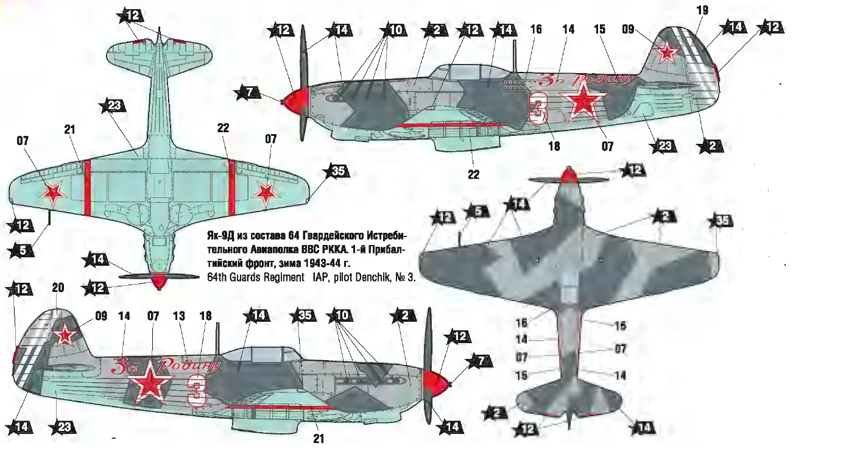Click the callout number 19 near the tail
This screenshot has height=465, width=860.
click(x=702, y=10)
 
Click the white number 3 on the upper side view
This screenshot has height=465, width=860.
click(x=538, y=108)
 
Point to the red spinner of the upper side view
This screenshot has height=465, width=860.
click(x=295, y=99)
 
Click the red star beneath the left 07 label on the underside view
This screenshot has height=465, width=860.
click(x=54, y=193)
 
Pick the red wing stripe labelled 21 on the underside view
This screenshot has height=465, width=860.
click(x=87, y=187)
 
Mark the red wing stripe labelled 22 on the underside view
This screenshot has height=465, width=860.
click(x=231, y=187)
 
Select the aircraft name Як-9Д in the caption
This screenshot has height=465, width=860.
click(x=216, y=236)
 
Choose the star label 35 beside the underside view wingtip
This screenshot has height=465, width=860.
click(x=337, y=172)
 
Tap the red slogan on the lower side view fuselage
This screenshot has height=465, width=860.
click(x=164, y=365)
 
